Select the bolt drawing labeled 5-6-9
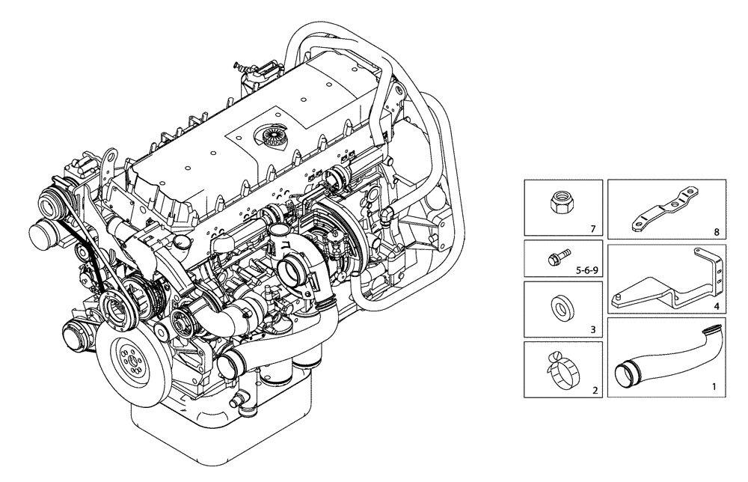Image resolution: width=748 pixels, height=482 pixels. tap(557, 257)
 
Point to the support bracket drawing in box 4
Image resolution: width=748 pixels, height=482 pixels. tap(666, 285)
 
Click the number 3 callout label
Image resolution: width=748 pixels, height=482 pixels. tap(592, 329)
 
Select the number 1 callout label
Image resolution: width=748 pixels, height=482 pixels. tap(713, 388)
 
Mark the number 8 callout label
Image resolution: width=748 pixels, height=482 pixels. tap(716, 233)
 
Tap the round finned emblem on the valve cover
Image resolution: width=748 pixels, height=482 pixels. tap(270, 138)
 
